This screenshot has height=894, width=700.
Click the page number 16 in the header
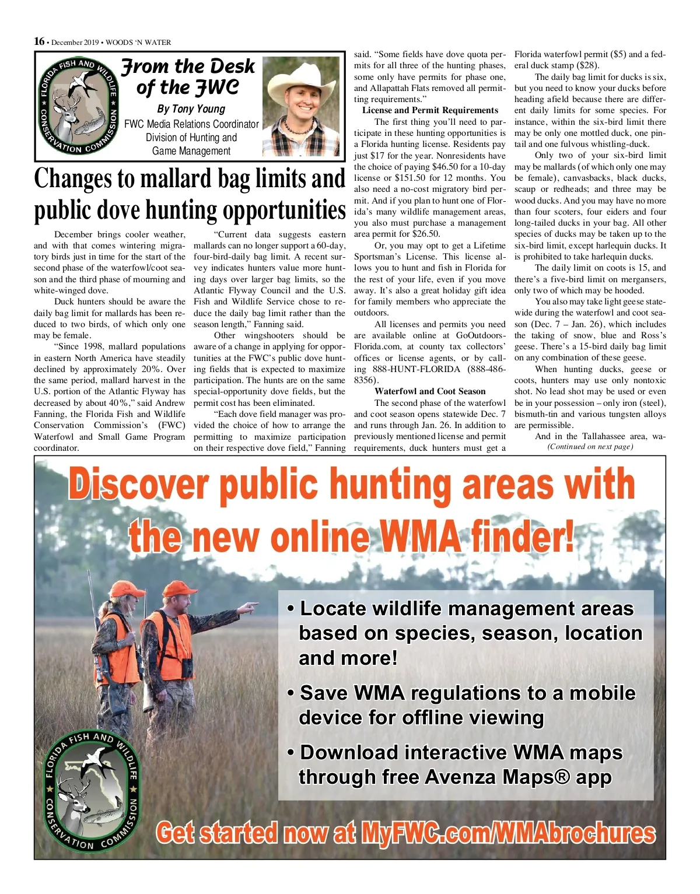point(39,41)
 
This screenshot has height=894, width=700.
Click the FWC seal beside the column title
point(79,106)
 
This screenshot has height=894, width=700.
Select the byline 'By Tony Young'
point(191,109)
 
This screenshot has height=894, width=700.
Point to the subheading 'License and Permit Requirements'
point(430,110)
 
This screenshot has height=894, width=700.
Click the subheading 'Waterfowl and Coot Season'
point(430,391)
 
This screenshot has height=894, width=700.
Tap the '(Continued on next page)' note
point(590,447)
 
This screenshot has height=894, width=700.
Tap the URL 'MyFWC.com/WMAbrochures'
point(508,833)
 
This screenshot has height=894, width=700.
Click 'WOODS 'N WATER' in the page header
point(138,42)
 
